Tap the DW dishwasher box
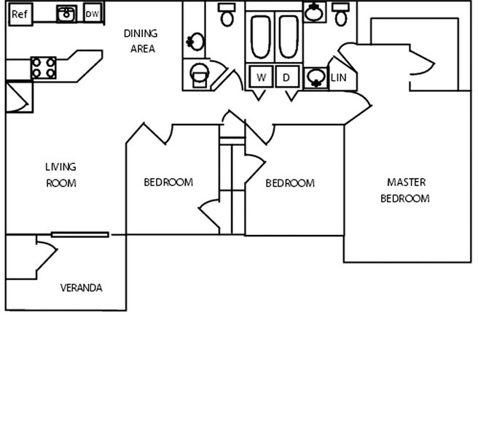click(x=92, y=14)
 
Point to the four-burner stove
click(x=43, y=68)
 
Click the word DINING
click(x=140, y=34)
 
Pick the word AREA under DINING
click(x=142, y=49)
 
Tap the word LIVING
click(x=60, y=167)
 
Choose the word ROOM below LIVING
click(x=60, y=183)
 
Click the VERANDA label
click(x=81, y=287)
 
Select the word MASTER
click(x=406, y=182)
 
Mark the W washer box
click(x=261, y=77)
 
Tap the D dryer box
click(x=286, y=77)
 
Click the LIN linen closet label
click(x=338, y=77)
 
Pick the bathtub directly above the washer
click(x=261, y=37)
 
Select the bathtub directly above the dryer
click(x=288, y=37)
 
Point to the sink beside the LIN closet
click(x=316, y=77)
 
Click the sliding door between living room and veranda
click(x=80, y=234)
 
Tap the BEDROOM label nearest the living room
click(x=168, y=182)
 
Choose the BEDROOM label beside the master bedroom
click(x=290, y=183)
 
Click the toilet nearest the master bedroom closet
click(x=341, y=14)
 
